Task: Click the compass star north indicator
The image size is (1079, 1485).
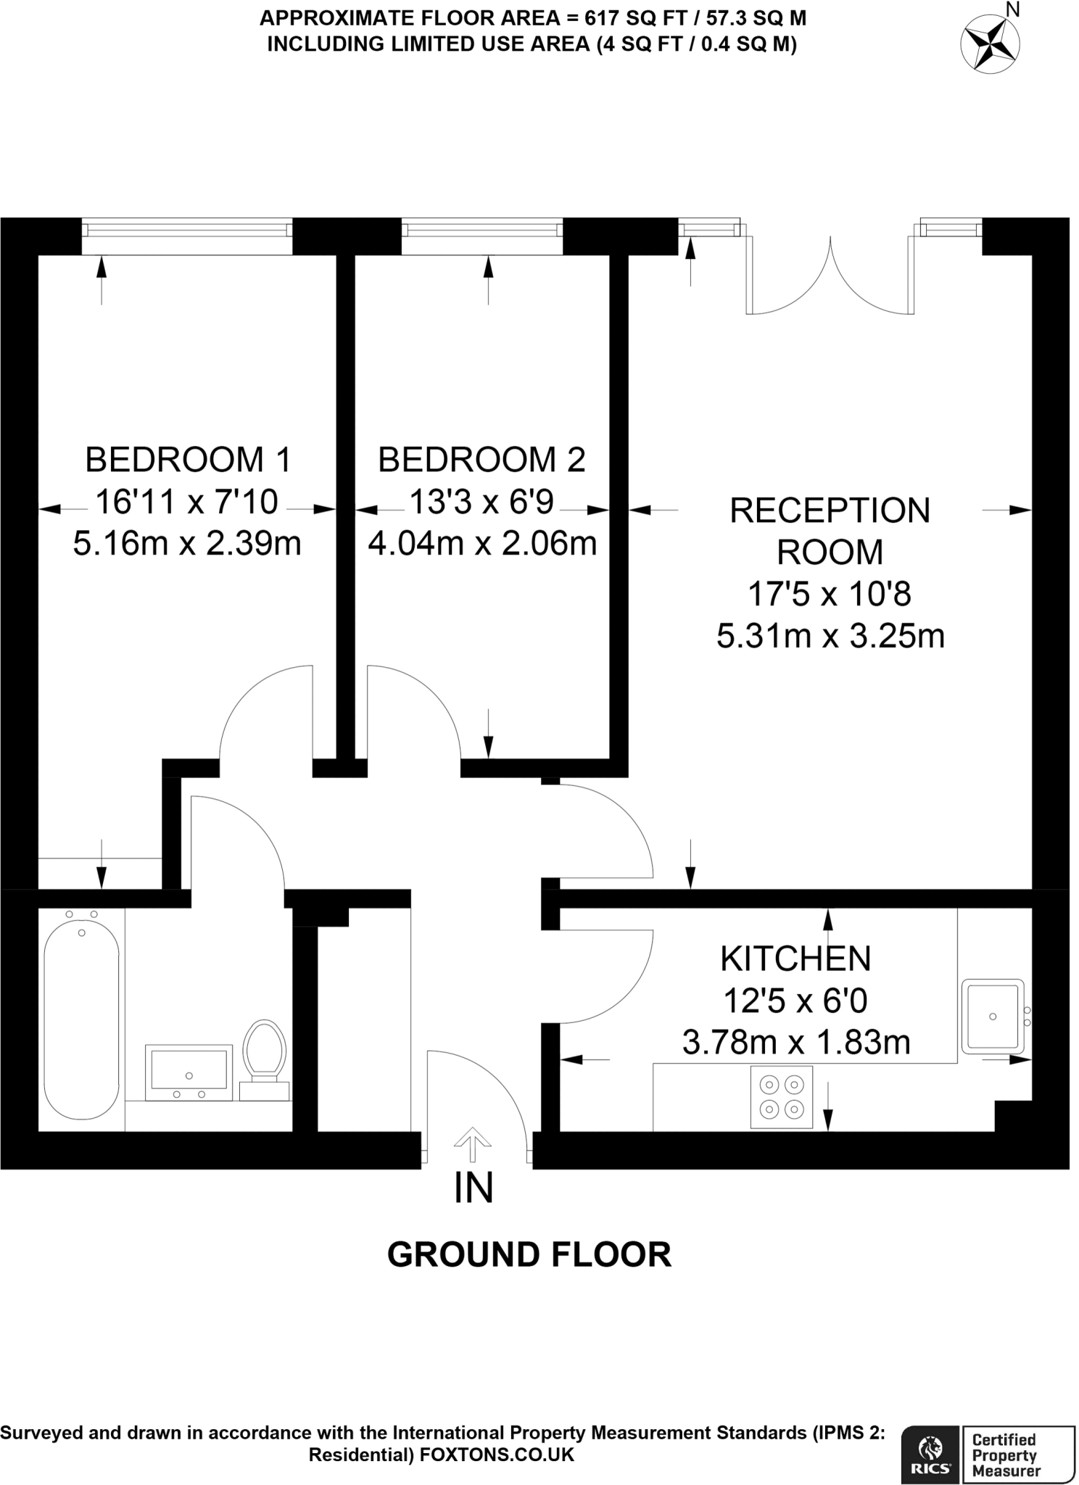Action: [989, 43]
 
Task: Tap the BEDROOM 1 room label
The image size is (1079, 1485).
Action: [188, 460]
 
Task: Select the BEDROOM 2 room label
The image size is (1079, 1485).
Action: [481, 460]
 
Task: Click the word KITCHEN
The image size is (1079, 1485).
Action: [795, 959]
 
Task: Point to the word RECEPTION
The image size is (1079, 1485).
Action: [830, 510]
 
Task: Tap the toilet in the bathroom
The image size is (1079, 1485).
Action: [264, 1060]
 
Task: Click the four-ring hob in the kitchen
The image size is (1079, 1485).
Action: [782, 1097]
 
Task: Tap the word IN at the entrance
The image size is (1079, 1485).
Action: [474, 1188]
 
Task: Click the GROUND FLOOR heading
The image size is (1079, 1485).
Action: [529, 1254]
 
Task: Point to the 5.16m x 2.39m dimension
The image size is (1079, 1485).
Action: [187, 543]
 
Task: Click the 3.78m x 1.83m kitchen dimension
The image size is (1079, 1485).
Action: [796, 1043]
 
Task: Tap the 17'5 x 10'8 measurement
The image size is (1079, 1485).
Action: [830, 595]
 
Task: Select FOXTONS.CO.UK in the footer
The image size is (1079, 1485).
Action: [497, 1455]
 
